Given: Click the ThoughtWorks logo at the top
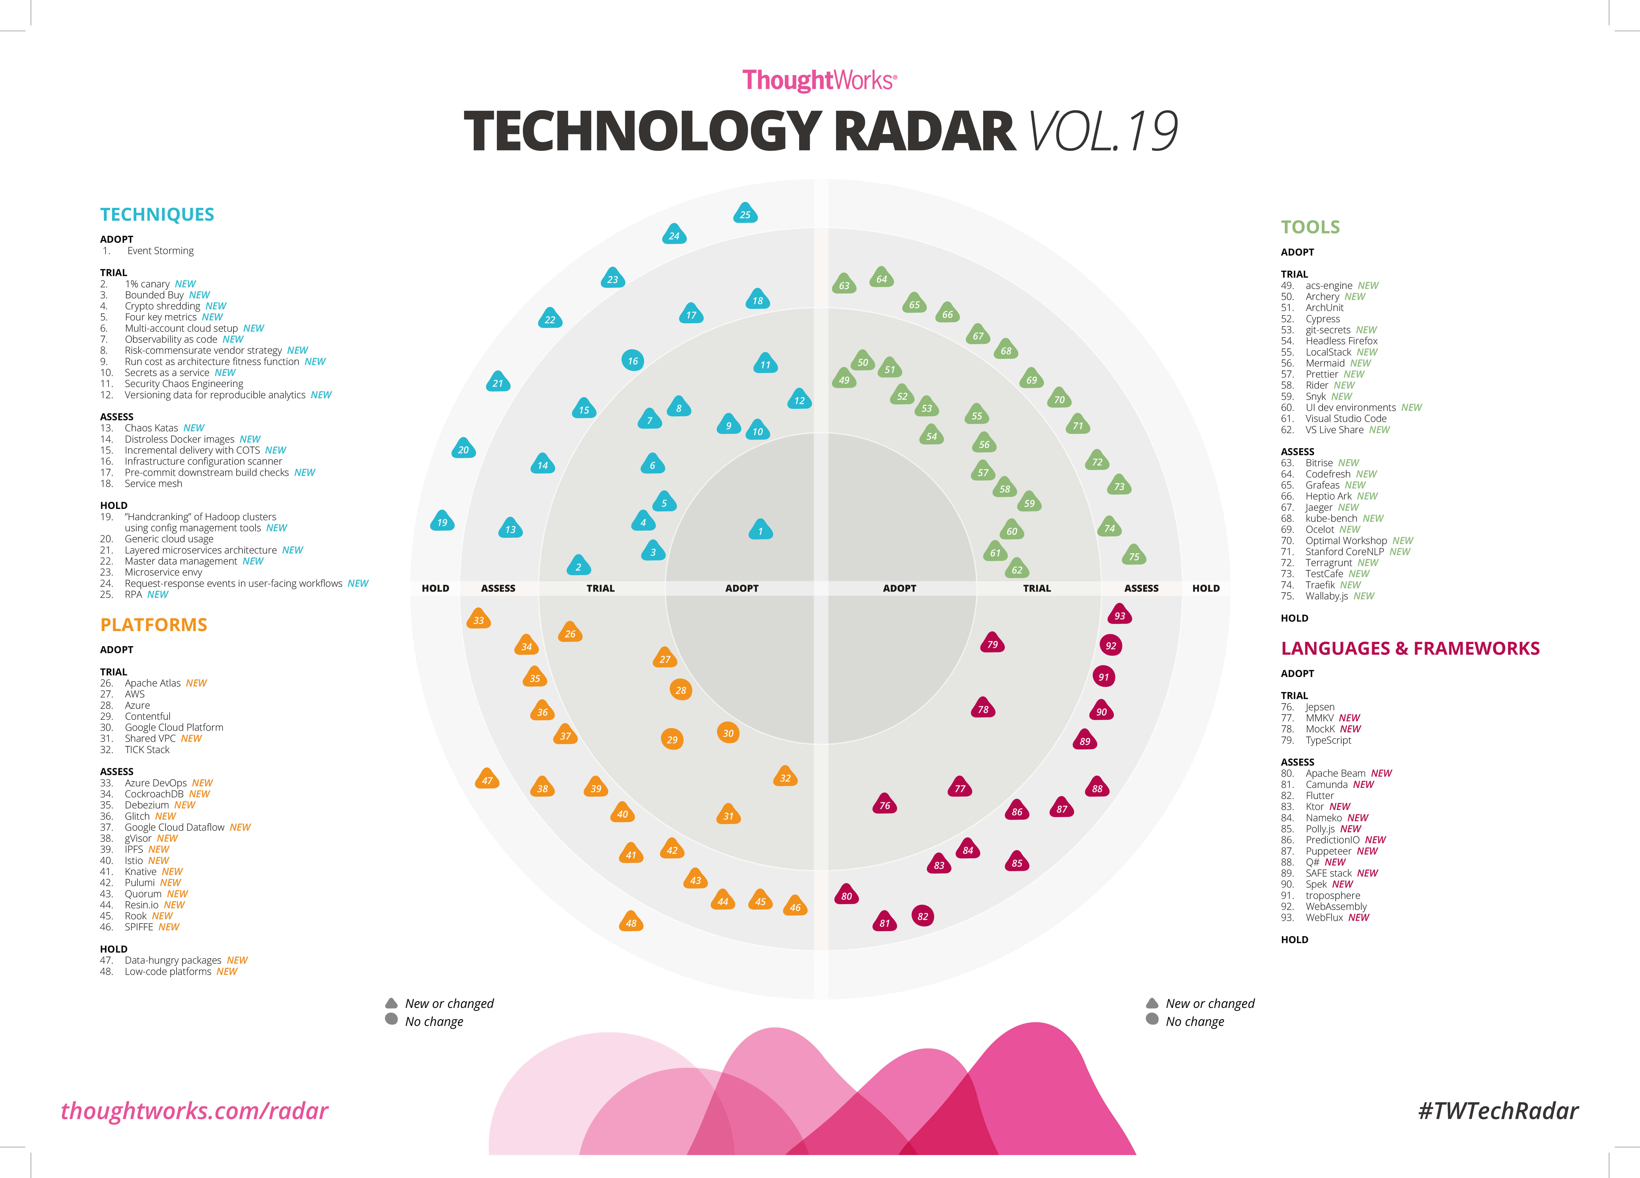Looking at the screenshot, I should pyautogui.click(x=819, y=80).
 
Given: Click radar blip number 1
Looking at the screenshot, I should pyautogui.click(x=760, y=530).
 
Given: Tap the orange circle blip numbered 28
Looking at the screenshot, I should pyautogui.click(x=680, y=690).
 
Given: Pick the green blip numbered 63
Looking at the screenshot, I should pyautogui.click(x=844, y=285).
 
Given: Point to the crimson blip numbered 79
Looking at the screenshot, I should pyautogui.click(x=992, y=644).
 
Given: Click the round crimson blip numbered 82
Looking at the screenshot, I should pyautogui.click(x=923, y=916).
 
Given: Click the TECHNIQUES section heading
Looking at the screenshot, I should pyautogui.click(x=157, y=215).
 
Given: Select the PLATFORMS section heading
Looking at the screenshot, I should pyautogui.click(x=153, y=625).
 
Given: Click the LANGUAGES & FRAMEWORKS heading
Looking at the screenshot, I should pyautogui.click(x=1410, y=649).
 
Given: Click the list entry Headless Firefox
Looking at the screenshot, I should pyautogui.click(x=1341, y=341).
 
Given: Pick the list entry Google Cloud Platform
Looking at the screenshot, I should pyautogui.click(x=174, y=728).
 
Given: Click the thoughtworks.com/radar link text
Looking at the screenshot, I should pyautogui.click(x=195, y=1111).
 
